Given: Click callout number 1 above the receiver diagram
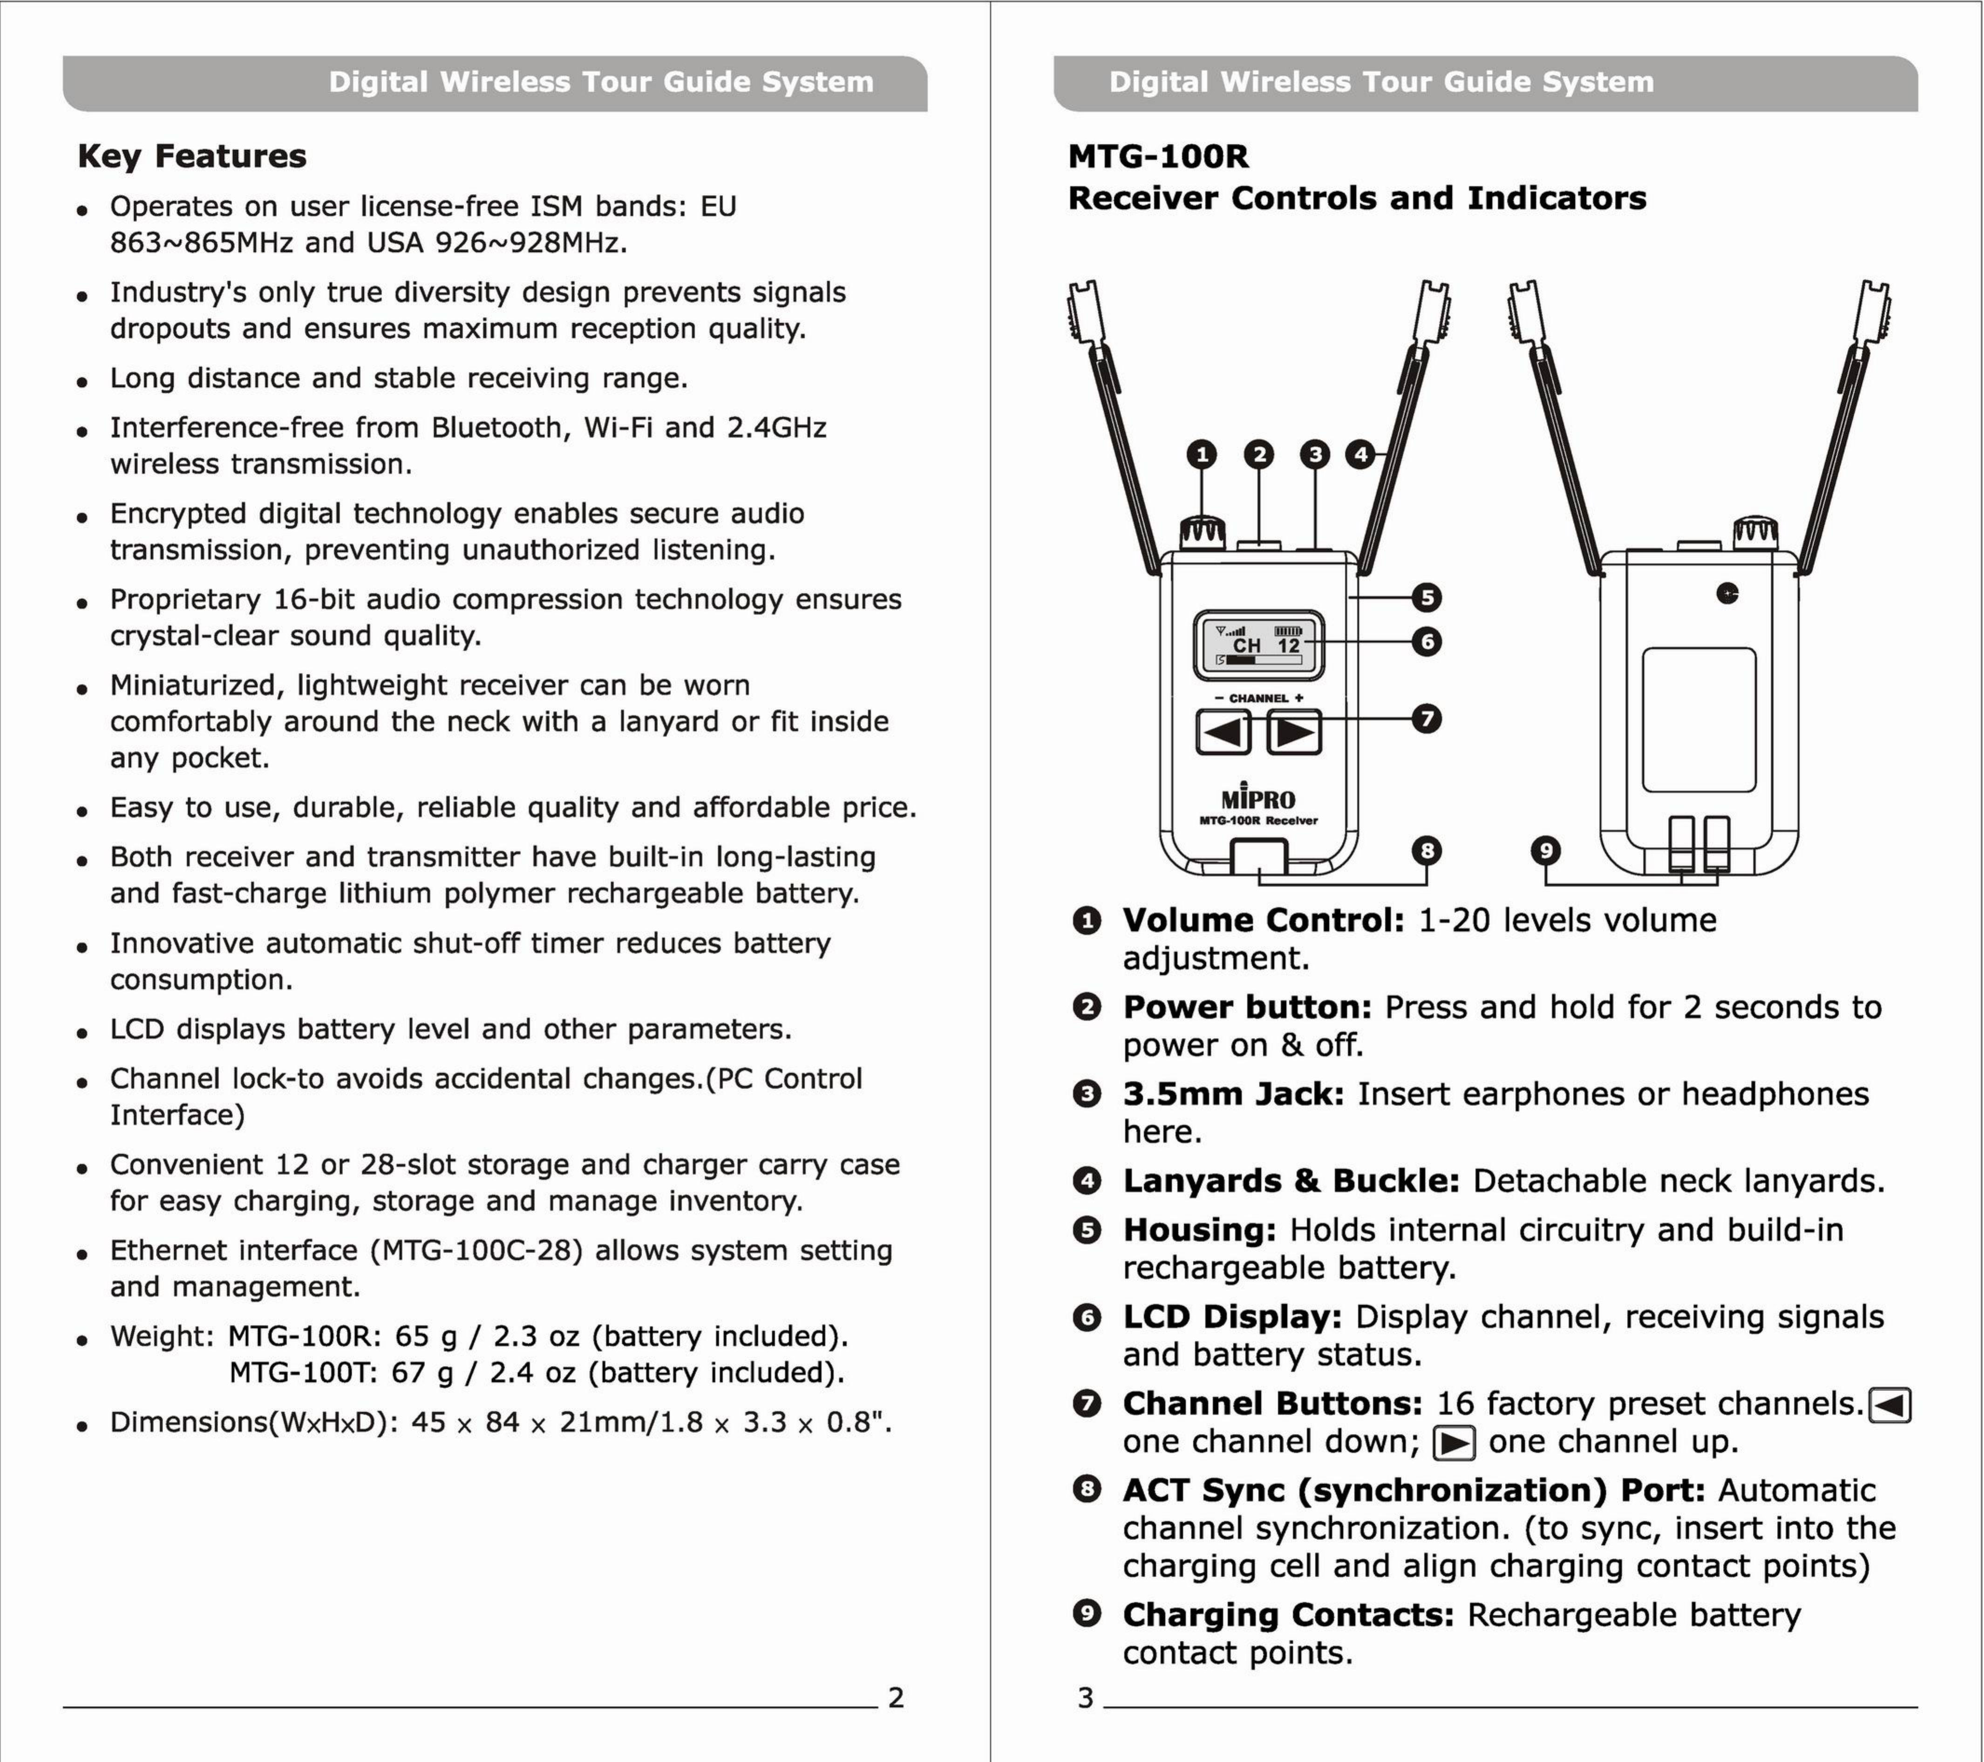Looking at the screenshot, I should click(1202, 454).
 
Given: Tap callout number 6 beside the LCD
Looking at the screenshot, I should click(1426, 641).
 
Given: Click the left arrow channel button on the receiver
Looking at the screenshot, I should click(1223, 732).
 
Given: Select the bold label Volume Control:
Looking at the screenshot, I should click(1263, 920).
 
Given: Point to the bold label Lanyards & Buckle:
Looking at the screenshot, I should click(1291, 1181).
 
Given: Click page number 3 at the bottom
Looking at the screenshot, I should click(1085, 1697).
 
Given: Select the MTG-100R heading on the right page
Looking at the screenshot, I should click(1158, 156).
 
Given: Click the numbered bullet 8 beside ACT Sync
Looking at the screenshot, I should click(1086, 1489).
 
